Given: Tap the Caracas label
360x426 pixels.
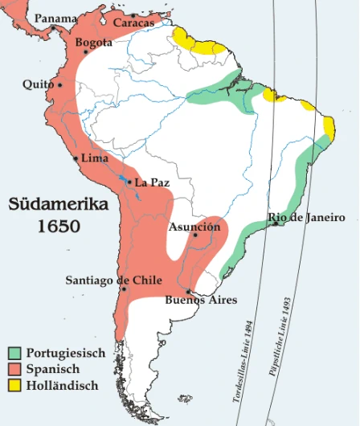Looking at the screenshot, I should tap(133, 23).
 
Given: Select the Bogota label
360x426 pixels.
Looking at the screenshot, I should tap(93, 43).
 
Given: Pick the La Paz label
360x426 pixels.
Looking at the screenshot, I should tap(152, 182).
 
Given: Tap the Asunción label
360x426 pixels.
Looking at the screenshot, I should tap(194, 227).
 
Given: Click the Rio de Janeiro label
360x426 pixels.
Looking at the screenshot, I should tap(307, 218).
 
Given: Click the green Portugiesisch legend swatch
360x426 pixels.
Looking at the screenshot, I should tap(14, 353).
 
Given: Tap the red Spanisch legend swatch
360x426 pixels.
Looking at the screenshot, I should tap(14, 369).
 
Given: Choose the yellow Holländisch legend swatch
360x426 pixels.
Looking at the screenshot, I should tap(14, 385).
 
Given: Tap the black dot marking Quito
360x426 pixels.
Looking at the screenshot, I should tap(58, 84).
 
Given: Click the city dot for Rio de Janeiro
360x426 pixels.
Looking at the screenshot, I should tap(275, 224).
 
